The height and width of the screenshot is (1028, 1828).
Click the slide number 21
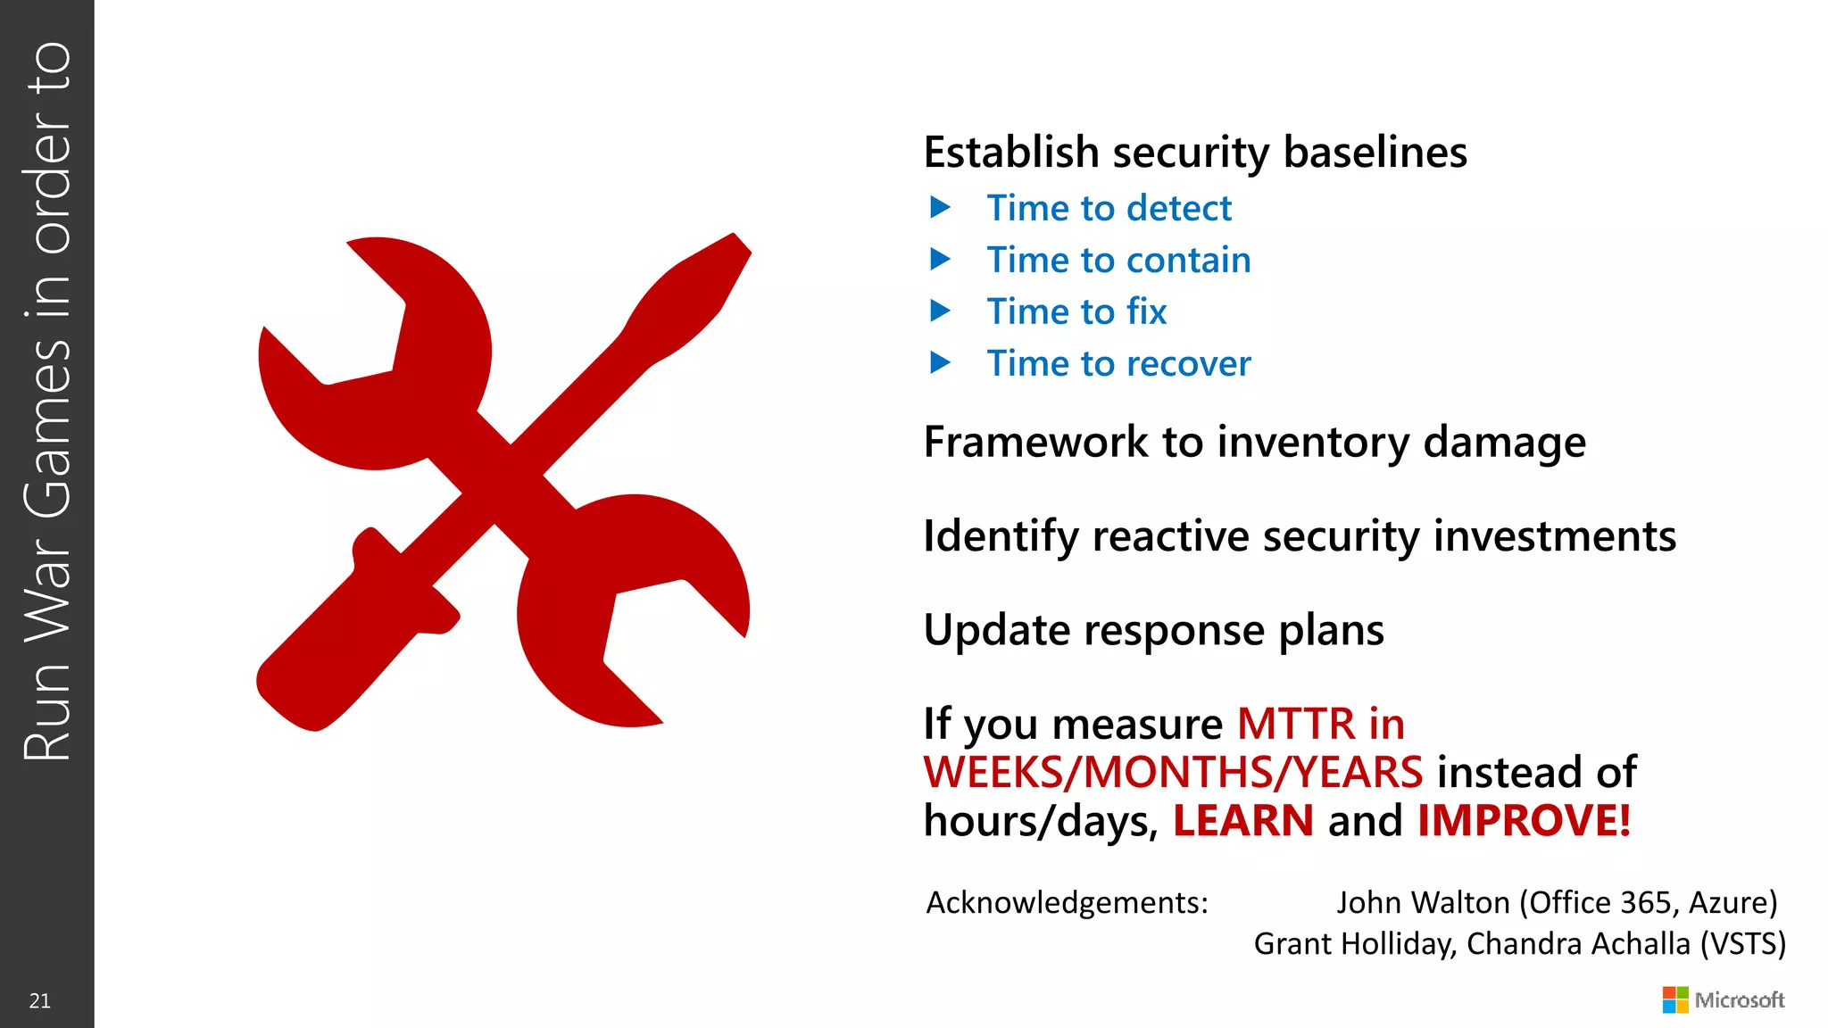(x=40, y=1000)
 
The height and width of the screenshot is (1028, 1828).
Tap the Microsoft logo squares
(x=1674, y=999)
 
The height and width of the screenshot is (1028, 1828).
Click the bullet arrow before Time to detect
(x=940, y=208)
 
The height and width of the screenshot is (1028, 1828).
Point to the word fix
(x=1146, y=312)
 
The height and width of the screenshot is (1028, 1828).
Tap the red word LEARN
(x=1242, y=821)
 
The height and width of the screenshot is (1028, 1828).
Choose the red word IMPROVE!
(x=1524, y=821)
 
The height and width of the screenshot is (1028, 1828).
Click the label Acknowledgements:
(x=1067, y=903)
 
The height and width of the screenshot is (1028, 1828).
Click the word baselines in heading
(x=1375, y=153)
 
